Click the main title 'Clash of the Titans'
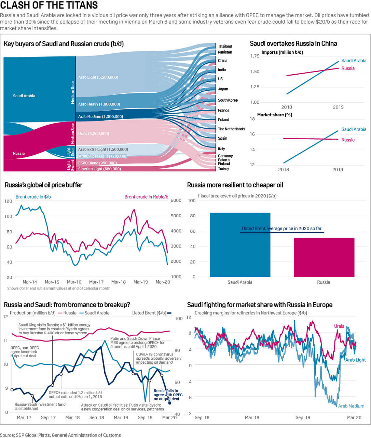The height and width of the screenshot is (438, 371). pyautogui.click(x=49, y=5)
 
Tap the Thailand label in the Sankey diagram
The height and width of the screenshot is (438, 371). pyautogui.click(x=225, y=46)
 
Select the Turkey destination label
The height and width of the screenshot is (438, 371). pyautogui.click(x=223, y=169)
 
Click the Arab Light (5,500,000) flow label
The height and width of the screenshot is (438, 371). pyautogui.click(x=98, y=77)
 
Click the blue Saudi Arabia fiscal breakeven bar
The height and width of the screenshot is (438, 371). pyautogui.click(x=240, y=245)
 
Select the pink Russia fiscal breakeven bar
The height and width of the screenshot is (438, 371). pyautogui.click(x=324, y=257)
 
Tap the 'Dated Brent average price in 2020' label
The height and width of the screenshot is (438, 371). pyautogui.click(x=281, y=229)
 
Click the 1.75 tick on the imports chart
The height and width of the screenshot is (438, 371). pyautogui.click(x=255, y=56)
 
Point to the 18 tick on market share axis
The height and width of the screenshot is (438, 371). pyautogui.click(x=252, y=119)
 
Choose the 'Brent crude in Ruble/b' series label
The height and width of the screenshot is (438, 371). pyautogui.click(x=146, y=197)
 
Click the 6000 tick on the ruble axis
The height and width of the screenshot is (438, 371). pyautogui.click(x=176, y=201)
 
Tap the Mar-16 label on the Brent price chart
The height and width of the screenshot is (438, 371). pyautogui.click(x=74, y=282)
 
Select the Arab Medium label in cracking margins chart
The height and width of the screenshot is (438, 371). pyautogui.click(x=351, y=406)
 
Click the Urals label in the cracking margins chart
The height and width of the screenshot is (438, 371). pyautogui.click(x=339, y=326)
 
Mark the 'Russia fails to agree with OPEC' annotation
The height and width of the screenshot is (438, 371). pyautogui.click(x=168, y=395)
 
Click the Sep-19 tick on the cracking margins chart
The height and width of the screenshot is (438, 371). pyautogui.click(x=303, y=417)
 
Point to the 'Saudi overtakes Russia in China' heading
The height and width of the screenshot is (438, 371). pyautogui.click(x=293, y=43)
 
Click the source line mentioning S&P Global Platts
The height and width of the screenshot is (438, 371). pyautogui.click(x=60, y=435)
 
